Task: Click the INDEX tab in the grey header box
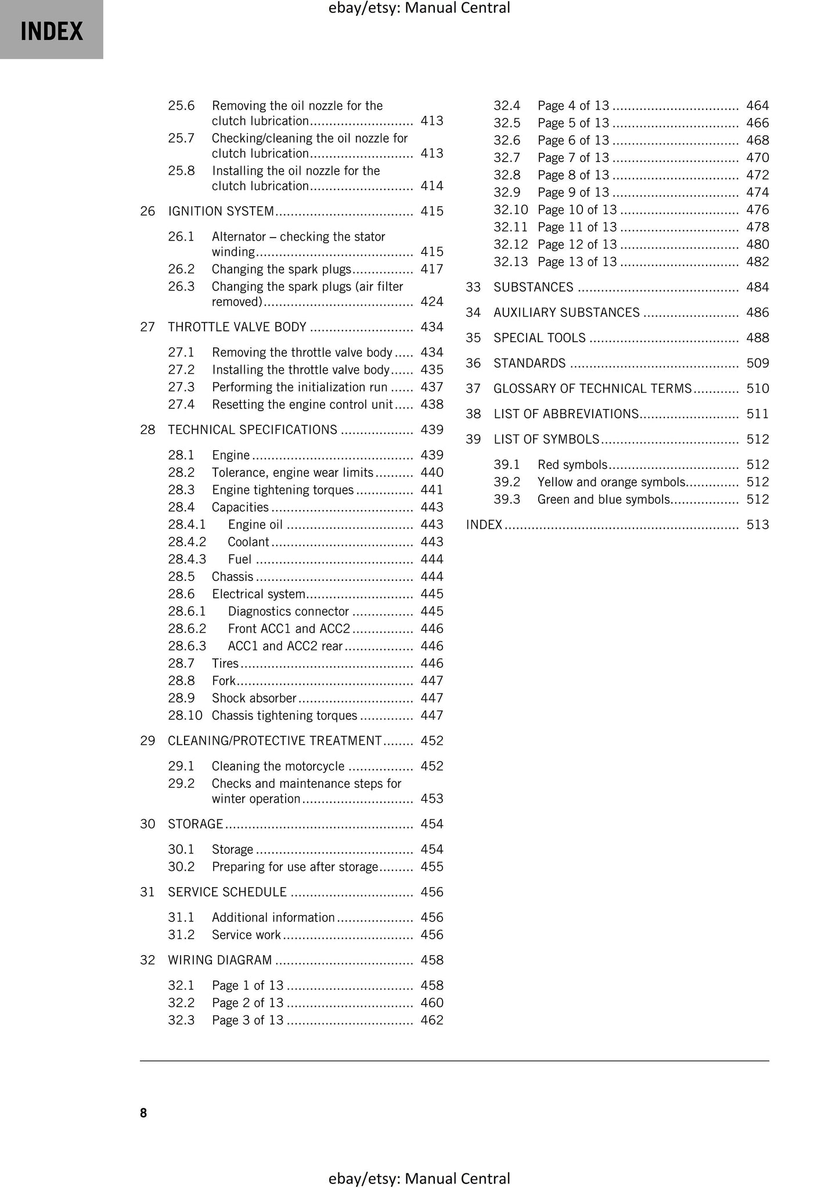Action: point(52,31)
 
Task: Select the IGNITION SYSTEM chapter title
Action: point(221,211)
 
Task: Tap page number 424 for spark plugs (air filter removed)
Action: point(431,302)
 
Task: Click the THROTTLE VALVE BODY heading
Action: point(237,327)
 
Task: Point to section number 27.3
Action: point(181,387)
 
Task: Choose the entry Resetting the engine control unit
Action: point(302,404)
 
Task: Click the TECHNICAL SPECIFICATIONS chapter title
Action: point(252,430)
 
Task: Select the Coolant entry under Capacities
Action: point(249,542)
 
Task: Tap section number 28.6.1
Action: point(187,611)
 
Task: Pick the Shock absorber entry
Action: point(254,698)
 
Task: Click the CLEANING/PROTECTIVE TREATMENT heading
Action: point(275,741)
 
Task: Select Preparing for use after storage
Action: point(295,867)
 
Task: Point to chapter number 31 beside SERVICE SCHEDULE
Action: point(147,892)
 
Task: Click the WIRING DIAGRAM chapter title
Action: point(219,960)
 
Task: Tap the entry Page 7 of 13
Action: point(573,158)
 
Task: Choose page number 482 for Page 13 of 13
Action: point(757,262)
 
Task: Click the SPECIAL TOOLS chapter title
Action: point(539,338)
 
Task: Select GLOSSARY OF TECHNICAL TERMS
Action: point(592,389)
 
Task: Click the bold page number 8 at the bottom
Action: point(143,1113)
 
